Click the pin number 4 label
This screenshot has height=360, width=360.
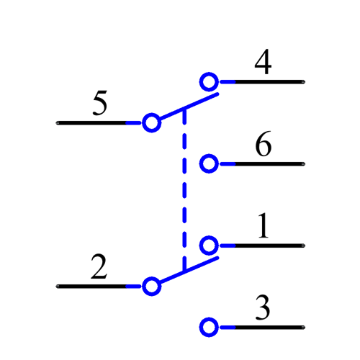[x=264, y=63]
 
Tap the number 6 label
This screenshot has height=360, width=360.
[x=264, y=145]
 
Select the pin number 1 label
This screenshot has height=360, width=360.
[x=264, y=227]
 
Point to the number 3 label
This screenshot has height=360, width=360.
[x=264, y=309]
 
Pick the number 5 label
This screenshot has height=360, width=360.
[x=100, y=104]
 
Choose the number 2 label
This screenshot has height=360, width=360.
[x=99, y=268]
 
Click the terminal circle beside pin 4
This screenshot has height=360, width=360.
[x=209, y=81]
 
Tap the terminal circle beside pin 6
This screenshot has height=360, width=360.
[x=209, y=164]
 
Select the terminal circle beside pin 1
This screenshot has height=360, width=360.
[x=209, y=246]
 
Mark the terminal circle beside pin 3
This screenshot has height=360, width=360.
[x=209, y=328]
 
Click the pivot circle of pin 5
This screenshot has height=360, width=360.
[x=151, y=123]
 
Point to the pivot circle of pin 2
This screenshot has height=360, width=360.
[x=151, y=287]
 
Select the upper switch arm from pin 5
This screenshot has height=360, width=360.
[x=189, y=107]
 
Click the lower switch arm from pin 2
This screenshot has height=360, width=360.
[x=189, y=270]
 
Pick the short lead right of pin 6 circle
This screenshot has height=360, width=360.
[x=227, y=164]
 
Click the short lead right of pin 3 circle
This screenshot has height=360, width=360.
[x=227, y=328]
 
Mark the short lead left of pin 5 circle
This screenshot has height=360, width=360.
[x=134, y=123]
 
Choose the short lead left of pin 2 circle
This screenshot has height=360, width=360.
[x=134, y=287]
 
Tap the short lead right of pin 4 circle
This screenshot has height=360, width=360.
[x=227, y=81]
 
